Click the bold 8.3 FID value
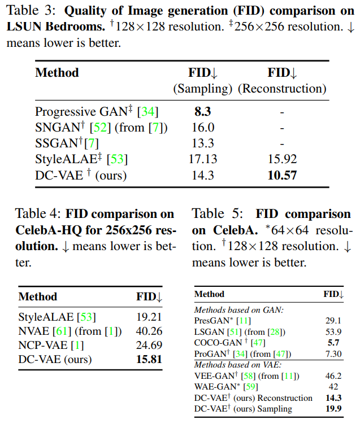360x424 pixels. [203, 112]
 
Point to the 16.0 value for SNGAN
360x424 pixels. [203, 128]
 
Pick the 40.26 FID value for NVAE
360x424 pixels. [149, 331]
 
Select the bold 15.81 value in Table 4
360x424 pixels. [149, 359]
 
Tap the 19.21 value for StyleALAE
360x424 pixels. [149, 317]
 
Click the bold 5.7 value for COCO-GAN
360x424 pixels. [333, 342]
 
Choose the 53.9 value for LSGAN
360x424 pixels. [333, 331]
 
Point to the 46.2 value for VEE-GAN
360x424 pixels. [333, 375]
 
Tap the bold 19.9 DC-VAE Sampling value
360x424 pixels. [333, 408]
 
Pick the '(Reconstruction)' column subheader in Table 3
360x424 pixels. [281, 89]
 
